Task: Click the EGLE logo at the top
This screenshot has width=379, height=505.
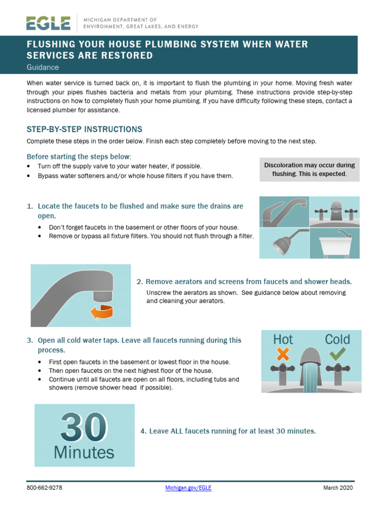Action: (x=48, y=23)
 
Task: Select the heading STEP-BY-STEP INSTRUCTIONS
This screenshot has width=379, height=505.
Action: (x=84, y=129)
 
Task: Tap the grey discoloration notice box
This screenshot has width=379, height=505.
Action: (x=309, y=170)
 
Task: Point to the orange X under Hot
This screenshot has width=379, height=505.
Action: (x=283, y=354)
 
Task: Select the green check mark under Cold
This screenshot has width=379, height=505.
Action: (x=338, y=354)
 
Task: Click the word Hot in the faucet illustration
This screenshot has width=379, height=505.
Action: (x=283, y=339)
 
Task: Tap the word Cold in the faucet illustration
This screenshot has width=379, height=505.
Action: (x=338, y=339)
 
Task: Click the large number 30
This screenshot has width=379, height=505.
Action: (x=84, y=427)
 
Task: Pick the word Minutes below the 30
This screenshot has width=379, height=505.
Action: (x=84, y=452)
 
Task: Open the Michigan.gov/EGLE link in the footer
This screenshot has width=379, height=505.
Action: (x=188, y=488)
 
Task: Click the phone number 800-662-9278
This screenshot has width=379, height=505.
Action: (x=44, y=488)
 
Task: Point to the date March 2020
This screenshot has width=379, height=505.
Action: (x=338, y=488)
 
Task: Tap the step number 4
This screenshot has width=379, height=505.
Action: (x=143, y=431)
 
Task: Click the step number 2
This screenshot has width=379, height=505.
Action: (x=140, y=282)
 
